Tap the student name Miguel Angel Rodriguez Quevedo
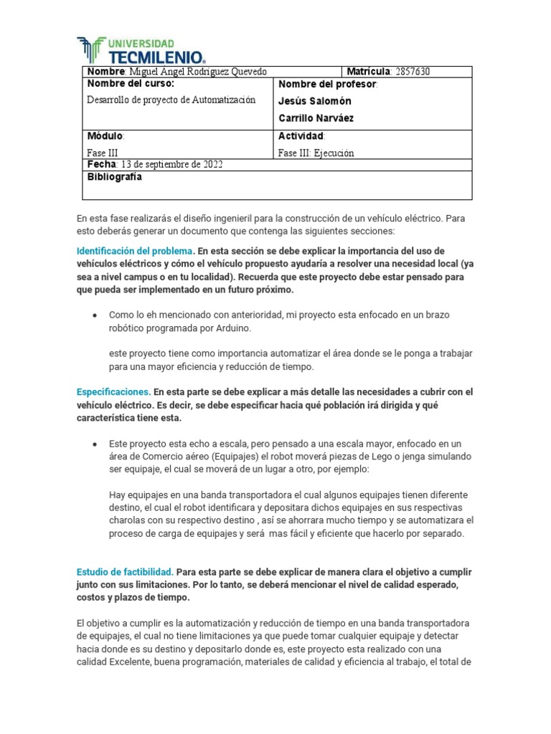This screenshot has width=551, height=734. point(188,72)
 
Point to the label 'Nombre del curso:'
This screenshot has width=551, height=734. point(131,85)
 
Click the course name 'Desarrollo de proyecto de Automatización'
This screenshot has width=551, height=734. point(171,100)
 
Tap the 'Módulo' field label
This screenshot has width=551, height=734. point(105,136)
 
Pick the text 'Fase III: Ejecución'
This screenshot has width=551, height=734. point(316,153)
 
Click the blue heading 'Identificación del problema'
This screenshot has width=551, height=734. point(135,251)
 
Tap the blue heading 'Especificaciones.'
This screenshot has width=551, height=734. point(113,392)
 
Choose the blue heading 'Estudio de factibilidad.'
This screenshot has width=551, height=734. point(125,572)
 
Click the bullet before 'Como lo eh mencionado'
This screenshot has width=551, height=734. point(95,315)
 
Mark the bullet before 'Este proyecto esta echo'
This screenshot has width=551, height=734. point(95,445)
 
